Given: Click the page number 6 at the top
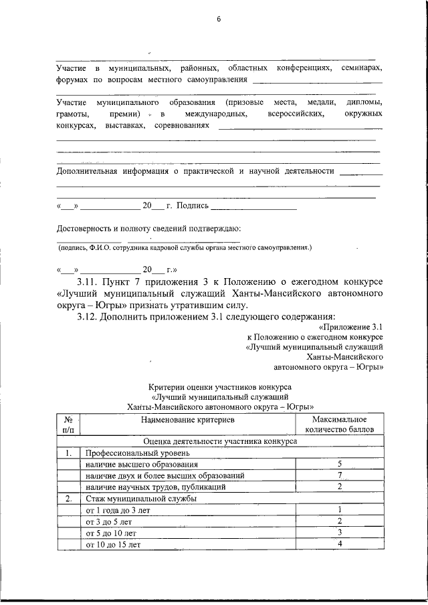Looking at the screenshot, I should pos(218,19).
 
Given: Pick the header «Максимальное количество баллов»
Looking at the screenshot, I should pos(340,423).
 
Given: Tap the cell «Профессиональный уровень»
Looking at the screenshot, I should pos(125,453).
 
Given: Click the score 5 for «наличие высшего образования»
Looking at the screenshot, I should pos(340,464).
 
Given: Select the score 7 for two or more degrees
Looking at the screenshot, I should pos(340,475).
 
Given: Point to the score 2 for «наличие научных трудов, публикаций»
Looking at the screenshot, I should pos(340,487).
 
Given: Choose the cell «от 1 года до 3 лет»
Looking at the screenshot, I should pos(113,510).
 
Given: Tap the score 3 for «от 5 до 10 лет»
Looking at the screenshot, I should pos(340,533).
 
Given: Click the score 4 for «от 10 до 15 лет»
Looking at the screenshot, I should pos(340,544).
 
